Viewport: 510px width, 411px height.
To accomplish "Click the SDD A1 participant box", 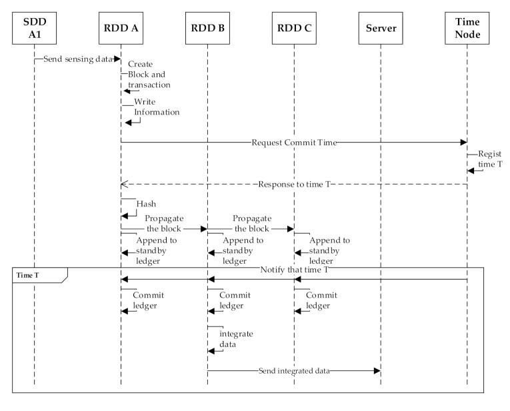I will coord(34,28).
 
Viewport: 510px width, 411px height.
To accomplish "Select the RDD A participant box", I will coord(121,28).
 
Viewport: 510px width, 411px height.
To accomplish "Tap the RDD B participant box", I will coord(207,28).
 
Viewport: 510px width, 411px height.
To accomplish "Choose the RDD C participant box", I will coord(294,28).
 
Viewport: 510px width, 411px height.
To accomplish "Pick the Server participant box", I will coord(381,28).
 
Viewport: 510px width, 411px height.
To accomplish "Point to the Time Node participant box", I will coord(467,28).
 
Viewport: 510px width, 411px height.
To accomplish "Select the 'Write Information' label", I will coord(157,107).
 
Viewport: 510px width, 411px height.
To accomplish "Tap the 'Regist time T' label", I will coord(489,159).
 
